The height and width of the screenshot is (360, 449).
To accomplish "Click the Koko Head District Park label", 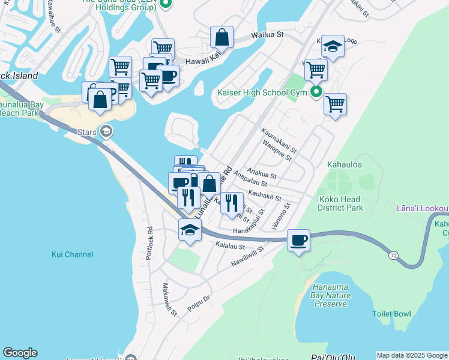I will [x=340, y=203].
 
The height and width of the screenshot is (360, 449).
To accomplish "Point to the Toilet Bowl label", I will [x=391, y=314].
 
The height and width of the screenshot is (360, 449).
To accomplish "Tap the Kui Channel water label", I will [x=72, y=254].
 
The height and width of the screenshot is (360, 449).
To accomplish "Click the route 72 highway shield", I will [x=393, y=255].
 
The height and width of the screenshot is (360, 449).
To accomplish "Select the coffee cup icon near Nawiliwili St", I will [x=298, y=241].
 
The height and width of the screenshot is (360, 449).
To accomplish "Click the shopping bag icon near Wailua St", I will [x=221, y=37].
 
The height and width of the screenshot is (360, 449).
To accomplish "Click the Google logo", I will [x=20, y=353].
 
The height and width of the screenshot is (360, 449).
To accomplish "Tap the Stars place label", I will [x=86, y=131].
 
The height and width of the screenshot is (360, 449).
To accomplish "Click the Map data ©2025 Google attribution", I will [x=412, y=355].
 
